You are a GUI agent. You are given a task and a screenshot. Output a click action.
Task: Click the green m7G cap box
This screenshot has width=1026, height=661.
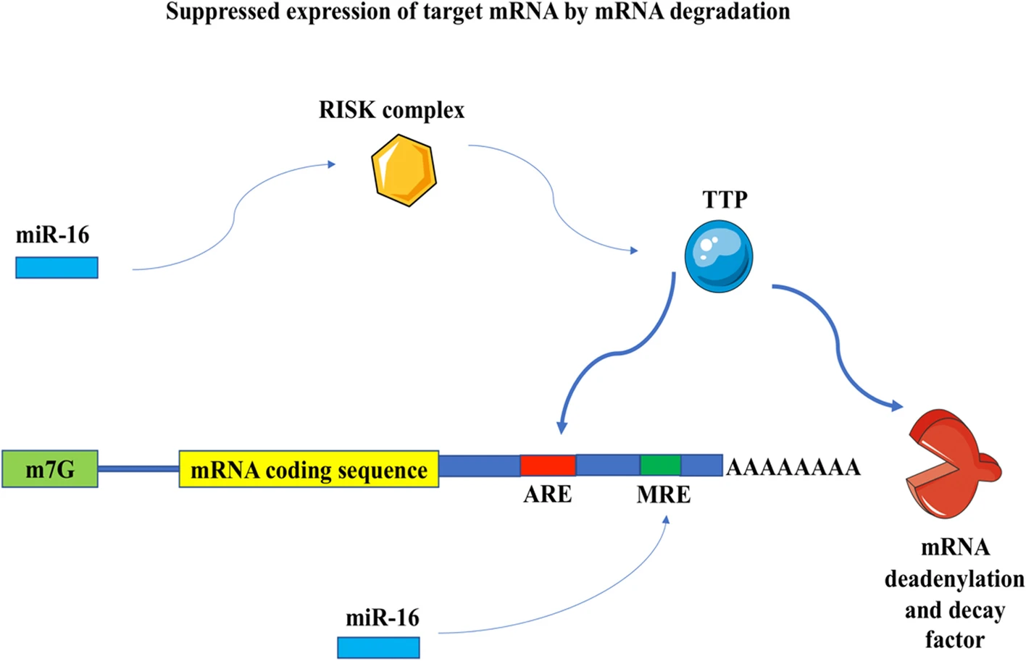click(x=50, y=469)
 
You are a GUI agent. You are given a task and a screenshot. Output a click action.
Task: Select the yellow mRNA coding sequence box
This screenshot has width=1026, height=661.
click(x=309, y=469)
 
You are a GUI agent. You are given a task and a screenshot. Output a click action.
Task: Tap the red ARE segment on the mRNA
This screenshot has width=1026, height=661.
click(x=548, y=465)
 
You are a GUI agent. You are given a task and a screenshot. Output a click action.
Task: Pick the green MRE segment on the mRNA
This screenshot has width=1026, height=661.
click(x=660, y=465)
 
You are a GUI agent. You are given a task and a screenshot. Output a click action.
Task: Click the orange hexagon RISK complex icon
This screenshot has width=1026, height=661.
click(x=404, y=170)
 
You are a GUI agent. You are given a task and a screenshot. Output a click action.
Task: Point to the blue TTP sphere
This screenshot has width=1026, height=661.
click(x=719, y=256)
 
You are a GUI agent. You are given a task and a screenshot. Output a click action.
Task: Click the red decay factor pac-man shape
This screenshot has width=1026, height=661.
click(x=949, y=463)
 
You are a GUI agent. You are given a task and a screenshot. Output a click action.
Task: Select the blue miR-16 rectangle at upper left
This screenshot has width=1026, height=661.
click(x=57, y=267)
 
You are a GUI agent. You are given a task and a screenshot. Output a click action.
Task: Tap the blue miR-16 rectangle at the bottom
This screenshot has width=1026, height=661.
click(x=378, y=647)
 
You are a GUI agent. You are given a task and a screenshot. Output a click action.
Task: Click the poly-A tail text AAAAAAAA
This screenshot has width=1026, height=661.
click(x=793, y=467)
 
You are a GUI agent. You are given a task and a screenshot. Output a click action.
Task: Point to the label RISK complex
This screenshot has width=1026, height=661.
click(x=391, y=110)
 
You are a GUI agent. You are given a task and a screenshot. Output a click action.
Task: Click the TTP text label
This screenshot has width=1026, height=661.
click(x=725, y=200)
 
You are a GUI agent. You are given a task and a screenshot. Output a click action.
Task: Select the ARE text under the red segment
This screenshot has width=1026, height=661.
click(x=548, y=494)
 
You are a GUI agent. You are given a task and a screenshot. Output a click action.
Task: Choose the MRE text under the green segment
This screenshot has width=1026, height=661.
click(x=663, y=495)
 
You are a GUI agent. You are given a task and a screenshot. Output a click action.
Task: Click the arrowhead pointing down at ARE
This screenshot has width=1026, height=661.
click(x=562, y=427)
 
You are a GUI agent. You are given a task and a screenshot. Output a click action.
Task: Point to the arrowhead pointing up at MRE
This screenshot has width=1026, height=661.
click(x=667, y=519)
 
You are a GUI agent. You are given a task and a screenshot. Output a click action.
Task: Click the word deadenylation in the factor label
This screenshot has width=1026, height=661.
click(x=954, y=579)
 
